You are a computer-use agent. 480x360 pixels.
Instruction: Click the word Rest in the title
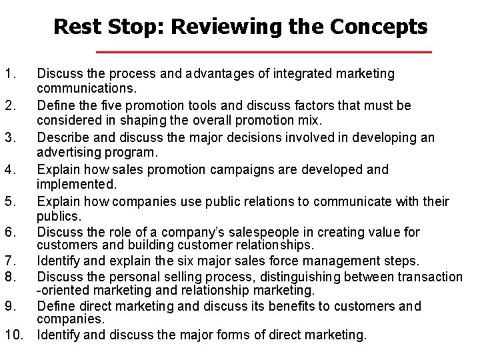pyautogui.click(x=75, y=27)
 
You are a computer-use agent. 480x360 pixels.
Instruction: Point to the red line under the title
pyautogui.click(x=264, y=52)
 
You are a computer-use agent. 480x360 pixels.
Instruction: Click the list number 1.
pyautogui.click(x=8, y=74)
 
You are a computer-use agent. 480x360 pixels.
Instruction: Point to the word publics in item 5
pyautogui.click(x=57, y=216)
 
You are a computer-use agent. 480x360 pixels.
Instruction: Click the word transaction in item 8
pyautogui.click(x=428, y=277)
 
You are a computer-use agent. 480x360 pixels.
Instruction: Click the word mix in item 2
pyautogui.click(x=311, y=121)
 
